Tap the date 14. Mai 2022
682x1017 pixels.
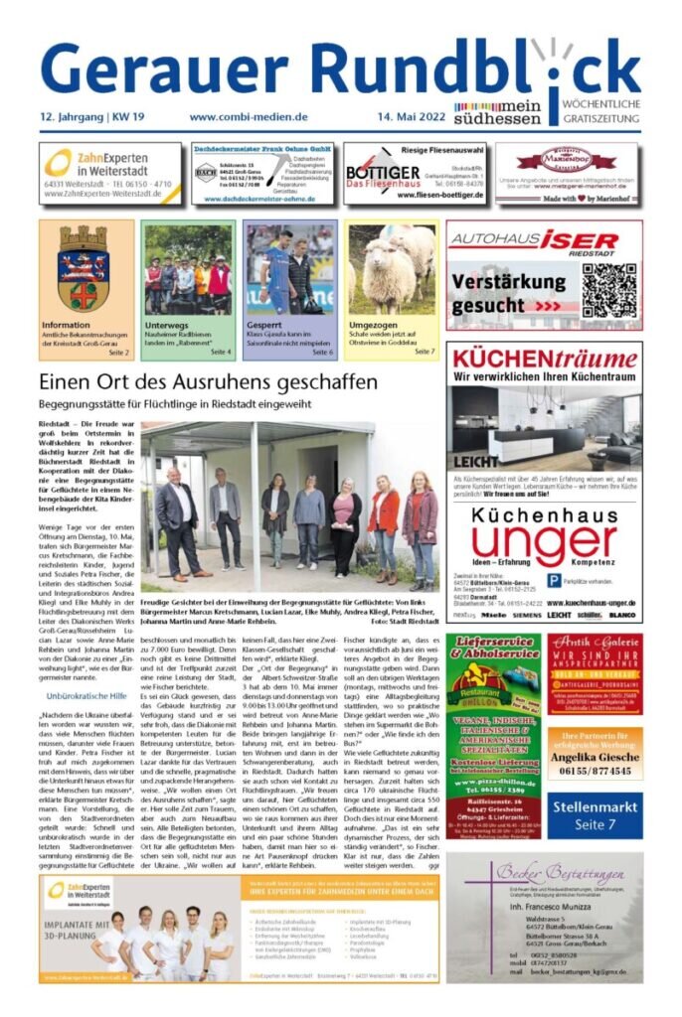point(408,116)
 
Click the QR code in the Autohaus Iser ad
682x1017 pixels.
point(608,290)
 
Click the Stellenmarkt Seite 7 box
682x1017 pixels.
point(594,818)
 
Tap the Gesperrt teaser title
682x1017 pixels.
point(263,325)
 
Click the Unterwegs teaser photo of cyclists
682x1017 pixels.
point(188,269)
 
